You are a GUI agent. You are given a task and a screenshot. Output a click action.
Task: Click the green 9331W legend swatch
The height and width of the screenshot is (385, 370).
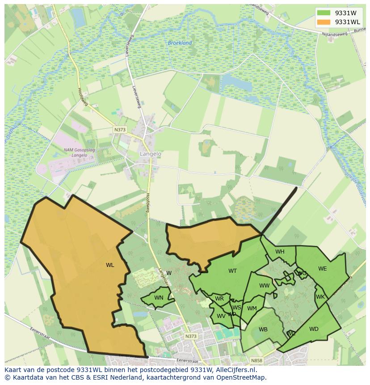(x=324, y=13)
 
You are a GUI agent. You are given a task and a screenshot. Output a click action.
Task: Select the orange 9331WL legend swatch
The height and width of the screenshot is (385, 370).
(x=324, y=22)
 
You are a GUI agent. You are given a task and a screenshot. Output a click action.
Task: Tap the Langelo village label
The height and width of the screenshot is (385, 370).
(x=151, y=153)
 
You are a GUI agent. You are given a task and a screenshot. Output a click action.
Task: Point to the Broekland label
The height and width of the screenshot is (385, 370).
(x=180, y=43)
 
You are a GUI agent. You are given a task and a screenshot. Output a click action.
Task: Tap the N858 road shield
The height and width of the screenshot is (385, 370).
(x=256, y=360)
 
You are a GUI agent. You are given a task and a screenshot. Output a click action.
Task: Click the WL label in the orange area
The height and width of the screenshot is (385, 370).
(x=110, y=265)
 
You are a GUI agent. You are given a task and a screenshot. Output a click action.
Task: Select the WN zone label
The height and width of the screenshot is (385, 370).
(x=159, y=298)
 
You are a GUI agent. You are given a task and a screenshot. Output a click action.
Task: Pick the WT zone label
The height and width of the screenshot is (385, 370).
(x=232, y=271)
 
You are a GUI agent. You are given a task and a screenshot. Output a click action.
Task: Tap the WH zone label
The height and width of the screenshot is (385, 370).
(x=280, y=252)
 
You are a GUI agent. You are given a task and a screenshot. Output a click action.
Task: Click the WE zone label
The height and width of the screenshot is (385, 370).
(x=322, y=269)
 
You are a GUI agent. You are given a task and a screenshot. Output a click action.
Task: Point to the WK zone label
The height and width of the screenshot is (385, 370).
(x=320, y=297)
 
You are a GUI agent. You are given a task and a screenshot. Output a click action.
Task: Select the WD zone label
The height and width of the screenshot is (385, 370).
(x=314, y=329)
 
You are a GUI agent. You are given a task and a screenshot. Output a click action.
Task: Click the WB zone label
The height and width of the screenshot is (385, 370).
(x=263, y=330)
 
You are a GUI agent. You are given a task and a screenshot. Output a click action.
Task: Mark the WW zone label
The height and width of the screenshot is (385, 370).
(x=265, y=286)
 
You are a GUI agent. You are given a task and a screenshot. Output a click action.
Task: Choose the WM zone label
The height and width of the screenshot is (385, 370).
(x=252, y=308)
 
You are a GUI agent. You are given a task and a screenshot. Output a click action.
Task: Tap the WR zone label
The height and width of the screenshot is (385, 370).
(x=219, y=299)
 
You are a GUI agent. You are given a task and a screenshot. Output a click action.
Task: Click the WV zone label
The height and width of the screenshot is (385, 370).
(x=221, y=316)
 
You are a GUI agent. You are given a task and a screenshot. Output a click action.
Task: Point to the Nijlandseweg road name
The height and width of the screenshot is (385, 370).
(x=331, y=32)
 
